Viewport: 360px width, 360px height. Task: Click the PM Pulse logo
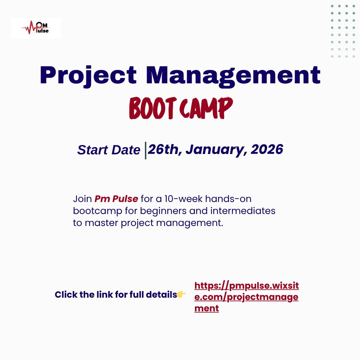coord(36,28)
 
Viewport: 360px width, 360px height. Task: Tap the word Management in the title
coord(233,76)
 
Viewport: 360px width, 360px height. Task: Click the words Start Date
coord(109,150)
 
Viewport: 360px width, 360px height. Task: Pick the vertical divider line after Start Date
coord(145,150)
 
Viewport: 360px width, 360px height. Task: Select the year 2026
coord(267,149)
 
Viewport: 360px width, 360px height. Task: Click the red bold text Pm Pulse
coord(116,199)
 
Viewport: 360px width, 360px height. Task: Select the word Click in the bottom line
coord(66,295)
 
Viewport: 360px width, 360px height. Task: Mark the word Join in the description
coord(82,199)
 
